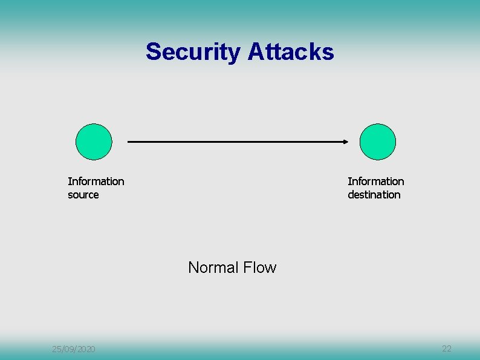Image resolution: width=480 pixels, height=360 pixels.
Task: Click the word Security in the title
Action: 193,52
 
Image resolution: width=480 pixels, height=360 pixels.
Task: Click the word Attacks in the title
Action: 291,52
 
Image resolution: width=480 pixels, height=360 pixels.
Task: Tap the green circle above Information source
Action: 94,142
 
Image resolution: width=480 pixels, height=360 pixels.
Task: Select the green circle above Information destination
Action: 378,142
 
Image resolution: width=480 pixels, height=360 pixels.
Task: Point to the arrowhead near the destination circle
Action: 346,142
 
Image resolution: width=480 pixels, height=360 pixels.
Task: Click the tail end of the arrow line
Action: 129,142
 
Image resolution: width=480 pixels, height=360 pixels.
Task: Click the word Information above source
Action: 96,182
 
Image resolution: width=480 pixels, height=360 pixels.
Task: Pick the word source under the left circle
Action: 83,195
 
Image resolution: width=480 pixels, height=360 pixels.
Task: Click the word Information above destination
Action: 376,182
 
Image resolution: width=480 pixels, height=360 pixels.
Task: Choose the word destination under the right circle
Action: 374,195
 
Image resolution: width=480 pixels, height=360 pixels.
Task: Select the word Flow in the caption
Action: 261,267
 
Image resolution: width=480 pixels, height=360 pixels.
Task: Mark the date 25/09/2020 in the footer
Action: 73,349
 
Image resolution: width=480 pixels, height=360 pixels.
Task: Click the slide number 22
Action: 447,349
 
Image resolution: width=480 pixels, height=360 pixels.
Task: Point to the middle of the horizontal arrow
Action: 238,142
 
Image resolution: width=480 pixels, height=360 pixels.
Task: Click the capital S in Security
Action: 152,52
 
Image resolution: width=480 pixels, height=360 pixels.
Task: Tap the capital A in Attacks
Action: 255,52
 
